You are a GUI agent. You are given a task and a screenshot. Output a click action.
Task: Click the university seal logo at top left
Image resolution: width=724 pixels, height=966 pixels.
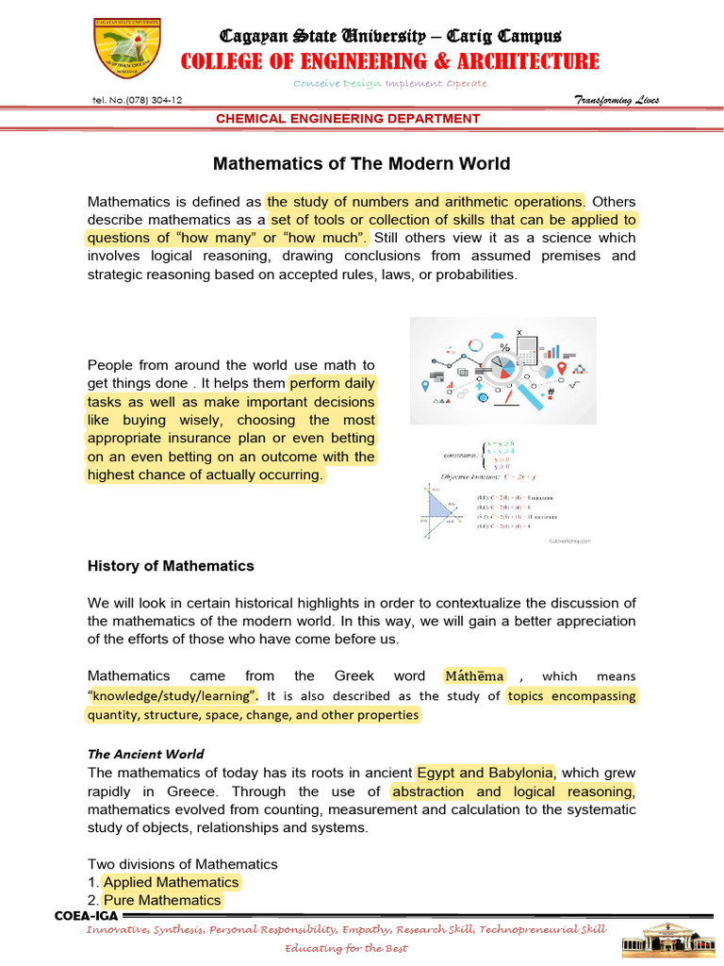coord(132,52)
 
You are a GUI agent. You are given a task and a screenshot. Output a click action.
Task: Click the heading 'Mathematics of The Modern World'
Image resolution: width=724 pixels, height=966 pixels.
coord(361,164)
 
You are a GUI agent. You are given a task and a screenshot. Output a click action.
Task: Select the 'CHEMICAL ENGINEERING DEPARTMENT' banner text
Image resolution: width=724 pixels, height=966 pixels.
coord(349,119)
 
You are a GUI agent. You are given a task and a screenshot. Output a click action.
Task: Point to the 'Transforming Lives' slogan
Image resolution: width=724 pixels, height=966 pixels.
coord(617,101)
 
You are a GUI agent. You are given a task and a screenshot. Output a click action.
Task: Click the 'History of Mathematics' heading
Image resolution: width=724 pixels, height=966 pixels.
coord(171,566)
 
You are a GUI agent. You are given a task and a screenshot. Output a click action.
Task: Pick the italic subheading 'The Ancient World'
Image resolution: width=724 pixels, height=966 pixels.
coord(145,754)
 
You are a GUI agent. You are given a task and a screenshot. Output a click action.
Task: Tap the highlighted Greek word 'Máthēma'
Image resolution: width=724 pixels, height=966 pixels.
coord(474,676)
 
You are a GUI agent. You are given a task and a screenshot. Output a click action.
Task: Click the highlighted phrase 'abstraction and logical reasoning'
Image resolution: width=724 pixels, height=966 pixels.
coord(513,791)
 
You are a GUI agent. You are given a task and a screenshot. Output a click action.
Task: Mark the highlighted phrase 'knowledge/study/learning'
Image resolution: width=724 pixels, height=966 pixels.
coord(173,696)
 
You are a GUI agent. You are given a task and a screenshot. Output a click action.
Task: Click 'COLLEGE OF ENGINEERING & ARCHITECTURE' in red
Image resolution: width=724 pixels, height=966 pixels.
coord(390,61)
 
